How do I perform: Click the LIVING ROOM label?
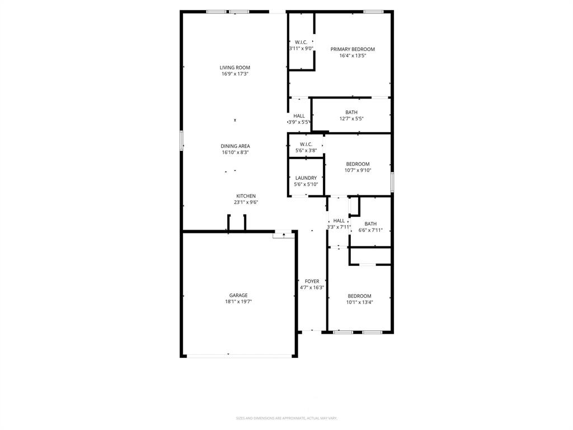pos(235,68)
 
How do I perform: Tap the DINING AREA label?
pos(235,146)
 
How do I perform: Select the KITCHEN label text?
pos(246,196)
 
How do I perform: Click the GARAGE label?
pos(238,296)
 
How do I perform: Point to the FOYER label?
pos(312,281)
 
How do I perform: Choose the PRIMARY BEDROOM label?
pos(353,49)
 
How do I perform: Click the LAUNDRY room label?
pos(306,178)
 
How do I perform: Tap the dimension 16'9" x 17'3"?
pos(235,74)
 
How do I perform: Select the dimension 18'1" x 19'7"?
pos(238,302)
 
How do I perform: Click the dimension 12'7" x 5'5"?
pos(351,119)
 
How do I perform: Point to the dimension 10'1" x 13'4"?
pos(359,302)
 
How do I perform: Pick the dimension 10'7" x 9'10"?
pos(358,170)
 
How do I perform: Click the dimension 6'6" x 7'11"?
pos(370,230)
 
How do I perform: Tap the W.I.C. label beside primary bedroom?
pos(301,43)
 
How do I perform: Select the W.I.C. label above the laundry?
pos(306,144)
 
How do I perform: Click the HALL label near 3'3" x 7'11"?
pos(339,221)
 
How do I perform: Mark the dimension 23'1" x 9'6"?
pos(246,202)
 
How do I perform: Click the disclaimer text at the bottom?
pos(286,418)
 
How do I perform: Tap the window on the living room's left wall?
pos(181,140)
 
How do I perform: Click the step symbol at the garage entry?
pos(284,235)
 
